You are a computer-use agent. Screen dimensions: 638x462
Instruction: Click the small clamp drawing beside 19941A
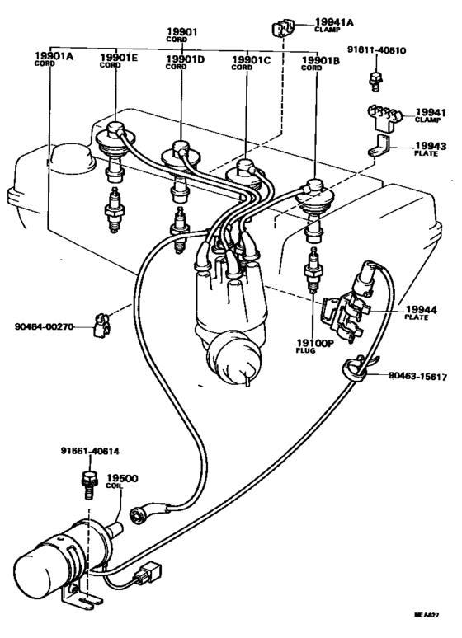pos(280,30)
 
